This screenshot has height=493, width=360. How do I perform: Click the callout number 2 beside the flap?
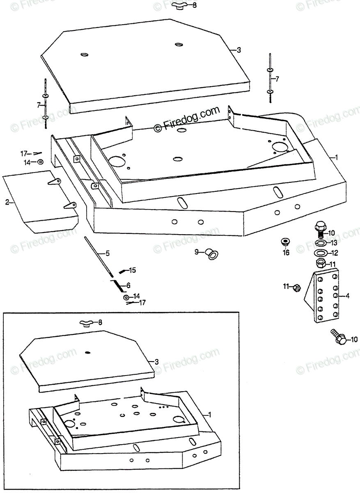click(7, 202)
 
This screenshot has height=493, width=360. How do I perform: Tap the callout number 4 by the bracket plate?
click(348, 295)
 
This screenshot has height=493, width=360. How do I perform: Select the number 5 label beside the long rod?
click(108, 253)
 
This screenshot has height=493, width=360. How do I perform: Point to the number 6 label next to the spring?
click(128, 285)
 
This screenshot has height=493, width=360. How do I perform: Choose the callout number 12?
click(335, 253)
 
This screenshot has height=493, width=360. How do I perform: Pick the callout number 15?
click(132, 270)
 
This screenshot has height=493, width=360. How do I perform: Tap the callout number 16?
click(286, 253)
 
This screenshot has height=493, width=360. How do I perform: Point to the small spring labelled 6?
click(118, 284)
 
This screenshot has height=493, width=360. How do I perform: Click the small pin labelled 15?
click(123, 271)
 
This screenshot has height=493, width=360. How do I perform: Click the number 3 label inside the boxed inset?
click(156, 362)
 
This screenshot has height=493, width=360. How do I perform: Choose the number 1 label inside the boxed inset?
click(211, 415)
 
